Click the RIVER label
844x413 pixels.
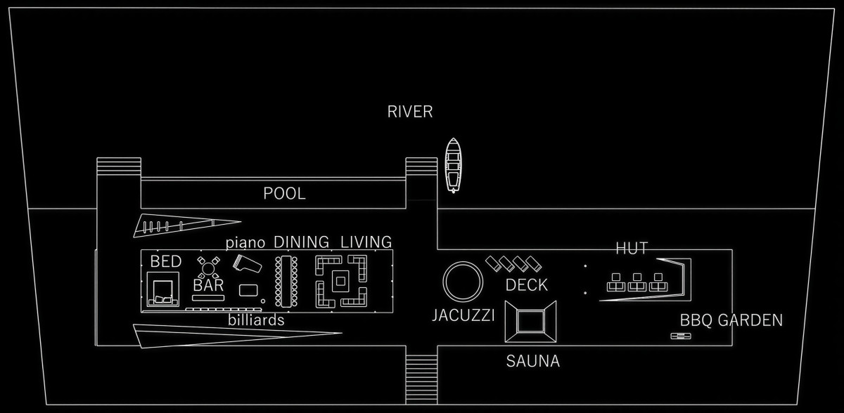(410, 112)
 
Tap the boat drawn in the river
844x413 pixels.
(453, 165)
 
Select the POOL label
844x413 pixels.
(285, 194)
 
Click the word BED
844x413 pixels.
(166, 262)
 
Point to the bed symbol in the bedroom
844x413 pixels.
(163, 290)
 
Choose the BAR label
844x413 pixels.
(208, 286)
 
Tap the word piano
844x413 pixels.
(245, 243)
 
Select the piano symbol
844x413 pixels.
(246, 265)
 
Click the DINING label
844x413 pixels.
(301, 242)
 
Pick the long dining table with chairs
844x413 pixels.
(287, 281)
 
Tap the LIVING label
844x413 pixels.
(366, 242)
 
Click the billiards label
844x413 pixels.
(256, 320)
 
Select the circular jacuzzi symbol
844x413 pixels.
(463, 281)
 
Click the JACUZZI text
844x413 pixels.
(463, 315)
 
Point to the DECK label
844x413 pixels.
(527, 286)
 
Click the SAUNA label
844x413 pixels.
(533, 362)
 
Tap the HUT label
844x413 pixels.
(632, 248)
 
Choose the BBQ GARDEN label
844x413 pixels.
(731, 321)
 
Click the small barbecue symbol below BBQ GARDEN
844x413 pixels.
(680, 336)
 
